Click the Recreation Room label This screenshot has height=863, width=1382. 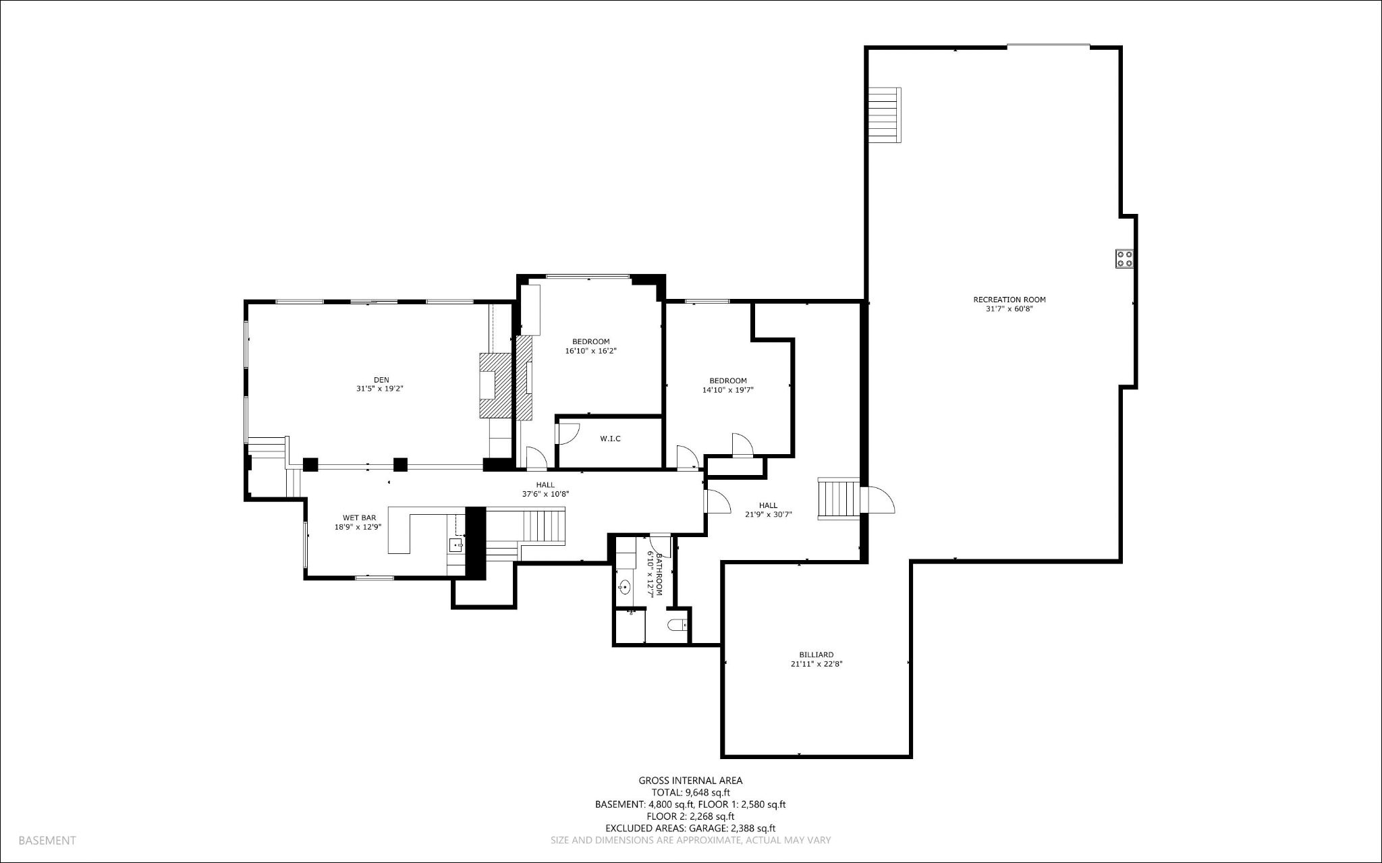point(1009,300)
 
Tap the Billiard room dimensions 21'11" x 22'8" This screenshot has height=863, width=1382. point(817,664)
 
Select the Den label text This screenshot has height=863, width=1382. point(381,380)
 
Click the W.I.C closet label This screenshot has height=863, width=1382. point(610,439)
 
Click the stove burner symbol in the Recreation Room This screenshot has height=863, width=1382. point(1124,258)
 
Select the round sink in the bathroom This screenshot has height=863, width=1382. point(625,587)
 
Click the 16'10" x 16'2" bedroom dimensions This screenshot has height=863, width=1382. point(590,351)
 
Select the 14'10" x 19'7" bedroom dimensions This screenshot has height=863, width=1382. point(727,390)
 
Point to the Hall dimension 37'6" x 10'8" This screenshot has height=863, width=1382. point(545,494)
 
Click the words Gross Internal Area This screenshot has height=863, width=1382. point(690,781)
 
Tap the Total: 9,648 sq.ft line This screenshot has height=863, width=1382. point(690,793)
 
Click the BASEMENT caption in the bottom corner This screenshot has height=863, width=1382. point(47,841)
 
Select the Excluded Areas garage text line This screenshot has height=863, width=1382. point(690,829)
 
